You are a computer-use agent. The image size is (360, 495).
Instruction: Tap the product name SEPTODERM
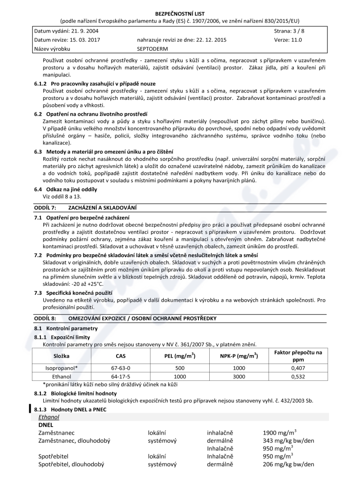point(148,48)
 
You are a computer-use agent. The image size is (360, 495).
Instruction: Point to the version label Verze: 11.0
point(288,40)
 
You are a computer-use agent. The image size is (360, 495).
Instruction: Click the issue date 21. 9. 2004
point(83,31)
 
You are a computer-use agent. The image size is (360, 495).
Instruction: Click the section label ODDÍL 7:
point(45,207)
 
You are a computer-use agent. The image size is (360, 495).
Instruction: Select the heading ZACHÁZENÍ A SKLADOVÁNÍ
point(102,207)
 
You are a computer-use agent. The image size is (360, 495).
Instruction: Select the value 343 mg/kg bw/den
point(288,440)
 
